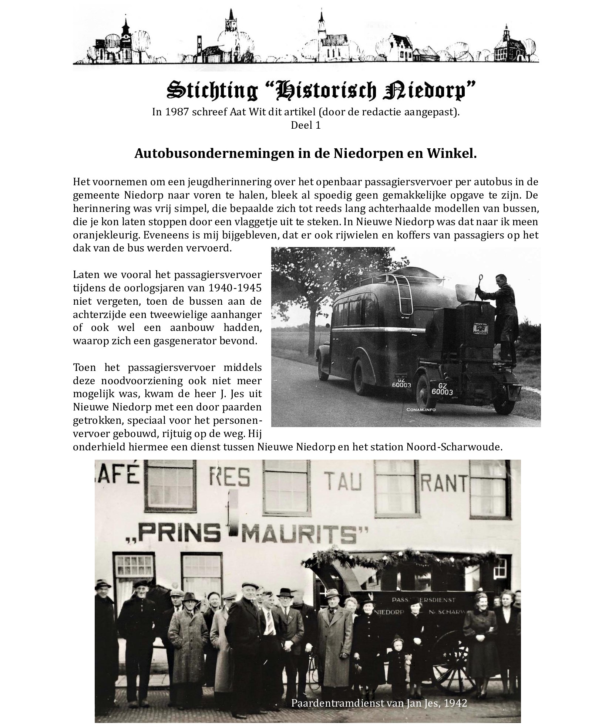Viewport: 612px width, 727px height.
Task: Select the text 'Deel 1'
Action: tap(305, 125)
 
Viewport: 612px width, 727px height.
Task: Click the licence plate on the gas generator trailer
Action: tap(442, 389)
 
